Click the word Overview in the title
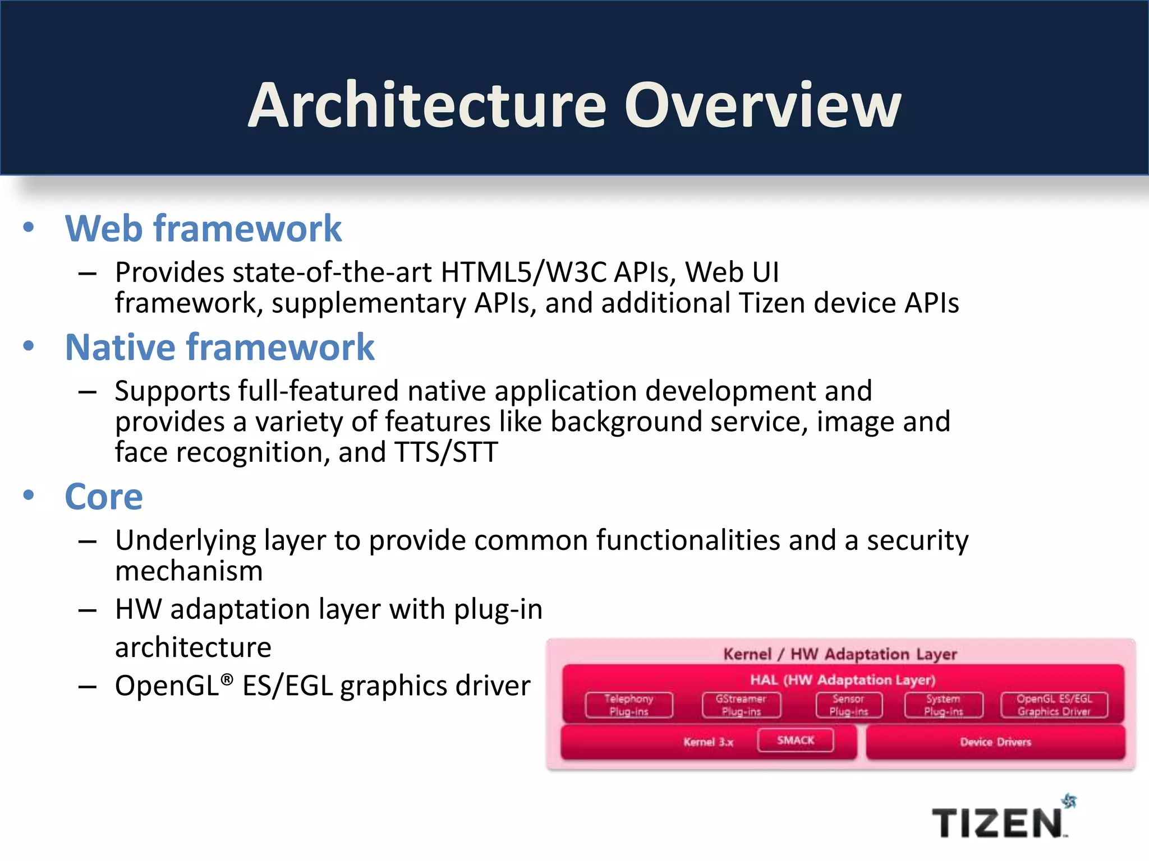point(762,105)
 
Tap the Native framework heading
point(219,347)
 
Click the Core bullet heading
point(104,497)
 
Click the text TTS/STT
point(446,452)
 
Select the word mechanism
point(189,571)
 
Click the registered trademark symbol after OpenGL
point(227,679)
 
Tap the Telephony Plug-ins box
point(629,705)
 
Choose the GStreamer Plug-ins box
point(741,705)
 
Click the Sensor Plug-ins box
point(849,705)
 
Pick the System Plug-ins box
point(944,705)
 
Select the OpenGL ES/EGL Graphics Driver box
point(1054,705)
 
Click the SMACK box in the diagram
point(796,740)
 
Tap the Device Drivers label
point(995,742)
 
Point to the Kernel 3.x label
point(708,742)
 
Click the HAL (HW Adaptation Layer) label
point(843,680)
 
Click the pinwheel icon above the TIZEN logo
point(1069,801)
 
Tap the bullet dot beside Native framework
point(29,346)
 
